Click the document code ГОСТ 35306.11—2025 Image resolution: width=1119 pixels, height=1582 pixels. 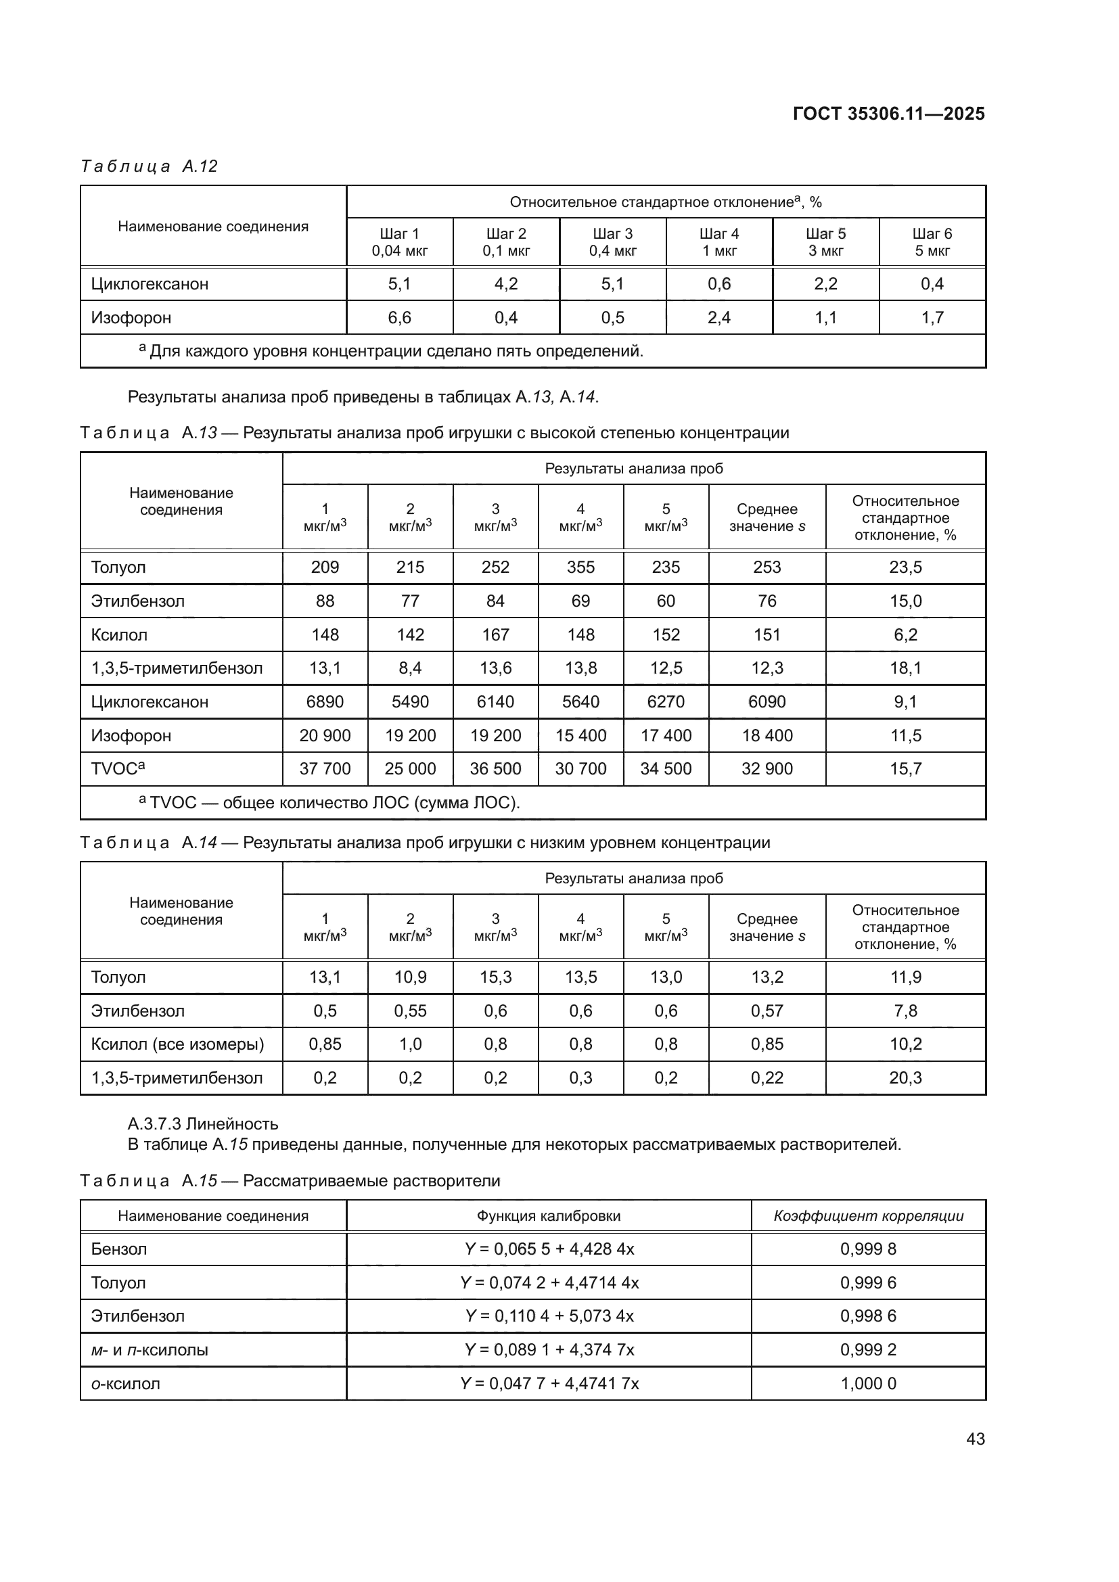(x=888, y=114)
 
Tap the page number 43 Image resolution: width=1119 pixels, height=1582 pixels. (x=975, y=1439)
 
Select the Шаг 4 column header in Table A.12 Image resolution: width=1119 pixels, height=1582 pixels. (x=718, y=242)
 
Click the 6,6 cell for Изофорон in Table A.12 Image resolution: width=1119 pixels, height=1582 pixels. (x=400, y=318)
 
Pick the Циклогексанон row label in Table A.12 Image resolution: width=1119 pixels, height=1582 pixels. (x=150, y=284)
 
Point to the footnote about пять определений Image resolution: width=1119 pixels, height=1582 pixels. (x=390, y=352)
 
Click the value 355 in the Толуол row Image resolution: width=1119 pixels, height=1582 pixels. (x=580, y=567)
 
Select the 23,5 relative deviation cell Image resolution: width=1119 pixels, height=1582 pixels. (x=905, y=567)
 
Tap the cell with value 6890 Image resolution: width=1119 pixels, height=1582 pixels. (x=325, y=701)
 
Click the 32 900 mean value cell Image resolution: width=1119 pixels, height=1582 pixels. (x=767, y=769)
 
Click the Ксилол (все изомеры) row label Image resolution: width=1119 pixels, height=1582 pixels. (x=177, y=1044)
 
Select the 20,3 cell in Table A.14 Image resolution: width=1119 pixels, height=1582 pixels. (x=905, y=1077)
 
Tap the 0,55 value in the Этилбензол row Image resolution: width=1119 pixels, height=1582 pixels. (x=410, y=1010)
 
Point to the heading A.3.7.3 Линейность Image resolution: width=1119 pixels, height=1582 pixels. (x=202, y=1124)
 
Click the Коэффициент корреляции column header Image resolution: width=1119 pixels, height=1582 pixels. (x=868, y=1215)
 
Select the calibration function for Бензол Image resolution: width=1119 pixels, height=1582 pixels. (x=549, y=1249)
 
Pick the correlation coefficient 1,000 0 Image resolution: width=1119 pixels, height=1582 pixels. (x=868, y=1384)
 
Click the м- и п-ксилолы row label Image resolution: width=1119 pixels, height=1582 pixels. (x=150, y=1350)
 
